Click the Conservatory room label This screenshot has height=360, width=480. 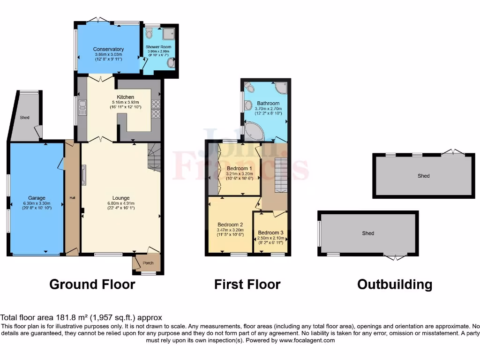click(x=108, y=49)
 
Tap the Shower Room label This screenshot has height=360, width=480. click(x=158, y=47)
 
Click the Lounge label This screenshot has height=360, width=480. click(x=120, y=198)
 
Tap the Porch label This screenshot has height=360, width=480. click(x=148, y=262)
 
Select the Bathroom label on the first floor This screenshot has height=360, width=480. click(x=268, y=103)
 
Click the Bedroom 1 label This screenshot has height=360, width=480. click(x=240, y=168)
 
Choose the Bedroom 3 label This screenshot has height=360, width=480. click(x=270, y=232)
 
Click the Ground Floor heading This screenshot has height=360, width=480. click(x=92, y=284)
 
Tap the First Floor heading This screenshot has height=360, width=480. click(x=247, y=284)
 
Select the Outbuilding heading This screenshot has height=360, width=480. click(x=395, y=284)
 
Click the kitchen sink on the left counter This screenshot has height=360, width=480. click(x=82, y=107)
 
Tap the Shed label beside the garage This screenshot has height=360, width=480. click(x=24, y=117)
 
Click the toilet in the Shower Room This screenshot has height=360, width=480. click(x=149, y=32)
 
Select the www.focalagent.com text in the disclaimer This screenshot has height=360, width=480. click(x=307, y=340)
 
